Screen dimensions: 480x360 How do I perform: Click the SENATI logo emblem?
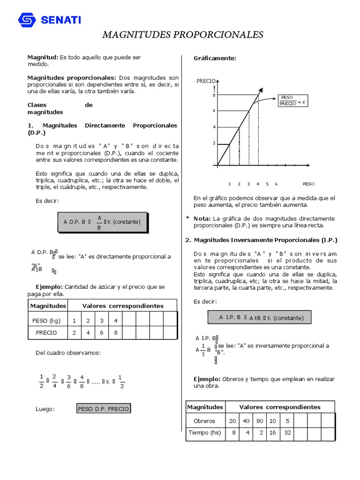pyautogui.click(x=27, y=20)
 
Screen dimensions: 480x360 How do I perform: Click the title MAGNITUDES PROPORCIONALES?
pyautogui.click(x=183, y=35)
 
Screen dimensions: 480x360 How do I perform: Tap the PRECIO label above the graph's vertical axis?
pyautogui.click(x=206, y=81)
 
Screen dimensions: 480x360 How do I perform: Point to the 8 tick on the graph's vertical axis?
pyautogui.click(x=214, y=95)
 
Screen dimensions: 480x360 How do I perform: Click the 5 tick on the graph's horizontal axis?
pyautogui.click(x=267, y=184)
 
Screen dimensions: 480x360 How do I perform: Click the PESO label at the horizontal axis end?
pyautogui.click(x=309, y=184)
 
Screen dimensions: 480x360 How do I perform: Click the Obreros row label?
pyautogui.click(x=204, y=420)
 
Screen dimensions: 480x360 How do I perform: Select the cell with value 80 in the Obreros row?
pyautogui.click(x=259, y=420)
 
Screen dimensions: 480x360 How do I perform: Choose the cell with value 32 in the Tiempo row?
pyautogui.click(x=287, y=432)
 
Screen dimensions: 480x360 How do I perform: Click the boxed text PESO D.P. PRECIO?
pyautogui.click(x=104, y=409)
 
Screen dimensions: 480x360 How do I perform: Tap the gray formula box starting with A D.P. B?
pyautogui.click(x=102, y=222)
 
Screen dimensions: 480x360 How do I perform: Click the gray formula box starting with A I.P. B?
pyautogui.click(x=259, y=318)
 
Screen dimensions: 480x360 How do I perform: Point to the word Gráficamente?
pyautogui.click(x=215, y=58)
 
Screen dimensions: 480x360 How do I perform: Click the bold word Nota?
pyautogui.click(x=202, y=218)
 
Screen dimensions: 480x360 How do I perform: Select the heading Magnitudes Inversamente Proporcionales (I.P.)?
pyautogui.click(x=265, y=240)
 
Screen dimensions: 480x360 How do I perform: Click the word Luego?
pyautogui.click(x=45, y=409)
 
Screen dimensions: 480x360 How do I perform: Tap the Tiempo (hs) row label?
pyautogui.click(x=204, y=432)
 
